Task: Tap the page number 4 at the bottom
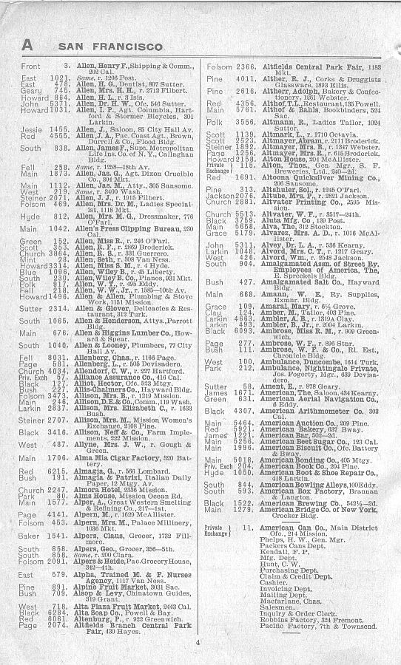(198, 642)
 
